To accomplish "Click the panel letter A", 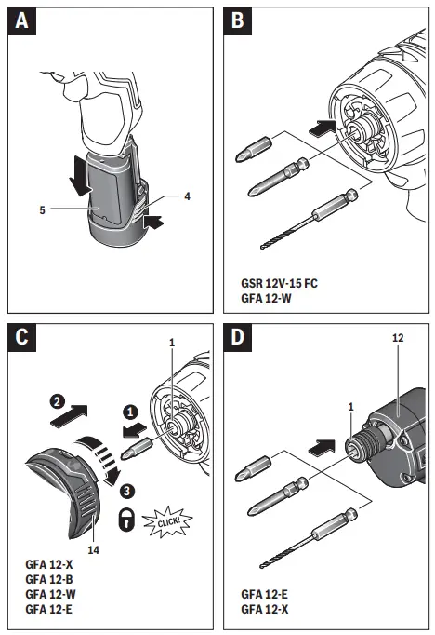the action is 21,20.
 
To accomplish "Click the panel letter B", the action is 238,20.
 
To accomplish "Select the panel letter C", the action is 21,337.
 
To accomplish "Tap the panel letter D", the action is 238,337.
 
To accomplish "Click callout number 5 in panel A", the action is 42,210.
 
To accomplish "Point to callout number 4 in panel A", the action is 187,196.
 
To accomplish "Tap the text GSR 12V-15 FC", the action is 280,283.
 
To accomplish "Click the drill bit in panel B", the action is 310,219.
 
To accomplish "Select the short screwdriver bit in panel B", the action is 254,149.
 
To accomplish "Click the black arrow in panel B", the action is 323,128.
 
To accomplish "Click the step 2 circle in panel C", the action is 57,401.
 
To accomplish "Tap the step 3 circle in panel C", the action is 127,492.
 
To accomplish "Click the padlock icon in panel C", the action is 126,520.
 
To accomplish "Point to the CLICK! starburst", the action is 168,521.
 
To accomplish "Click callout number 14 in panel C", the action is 93,550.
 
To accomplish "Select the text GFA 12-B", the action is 49,579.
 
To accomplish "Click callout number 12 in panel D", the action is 398,338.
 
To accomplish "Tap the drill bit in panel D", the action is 310,538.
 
